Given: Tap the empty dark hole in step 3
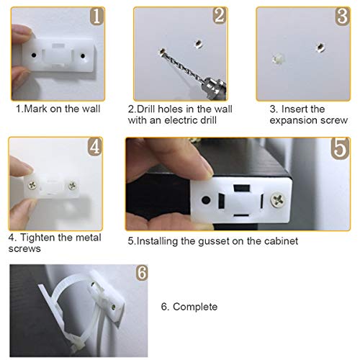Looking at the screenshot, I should pos(316,47).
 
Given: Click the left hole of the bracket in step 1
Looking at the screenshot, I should pos(36,53).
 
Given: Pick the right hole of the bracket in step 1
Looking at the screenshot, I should pos(84,54).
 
